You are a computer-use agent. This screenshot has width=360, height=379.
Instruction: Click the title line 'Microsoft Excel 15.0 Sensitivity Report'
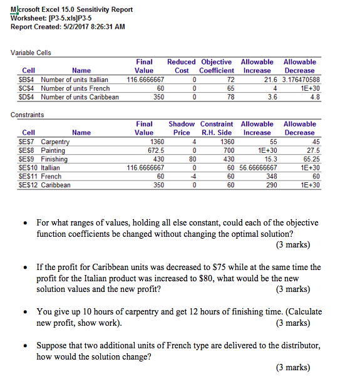[x=72, y=9]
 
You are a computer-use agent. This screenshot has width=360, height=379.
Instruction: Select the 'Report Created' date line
[x=68, y=26]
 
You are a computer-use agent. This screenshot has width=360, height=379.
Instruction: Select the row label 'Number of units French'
[x=75, y=88]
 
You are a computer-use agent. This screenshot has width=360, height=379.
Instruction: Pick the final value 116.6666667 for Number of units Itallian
[x=146, y=80]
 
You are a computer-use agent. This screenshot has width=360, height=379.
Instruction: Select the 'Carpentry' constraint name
[x=55, y=142]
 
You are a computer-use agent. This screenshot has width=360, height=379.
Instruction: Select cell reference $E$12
[x=28, y=186]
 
